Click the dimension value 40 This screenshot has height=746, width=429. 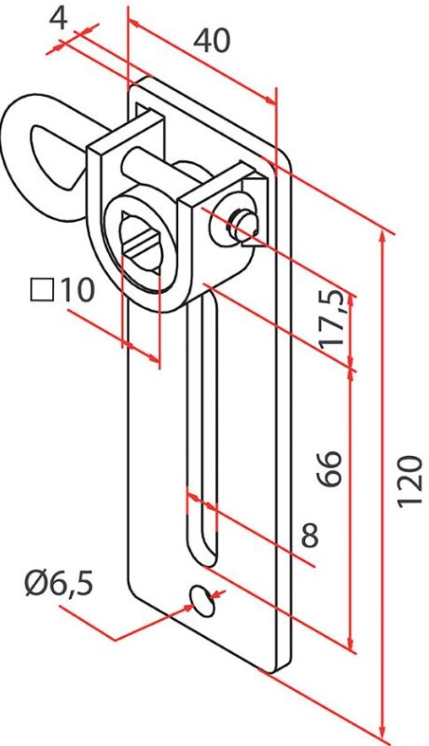pyautogui.click(x=211, y=40)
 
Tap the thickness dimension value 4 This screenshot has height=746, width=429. pyautogui.click(x=59, y=19)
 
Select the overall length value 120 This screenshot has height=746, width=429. pyautogui.click(x=409, y=481)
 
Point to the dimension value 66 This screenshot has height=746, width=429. pyautogui.click(x=330, y=468)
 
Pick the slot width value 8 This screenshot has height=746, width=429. pyautogui.click(x=310, y=535)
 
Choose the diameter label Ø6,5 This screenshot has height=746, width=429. pyautogui.click(x=59, y=584)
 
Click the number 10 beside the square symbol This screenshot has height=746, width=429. pyautogui.click(x=76, y=290)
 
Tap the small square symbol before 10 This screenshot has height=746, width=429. pyautogui.click(x=42, y=291)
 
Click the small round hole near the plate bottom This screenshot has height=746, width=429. pyautogui.click(x=202, y=601)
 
